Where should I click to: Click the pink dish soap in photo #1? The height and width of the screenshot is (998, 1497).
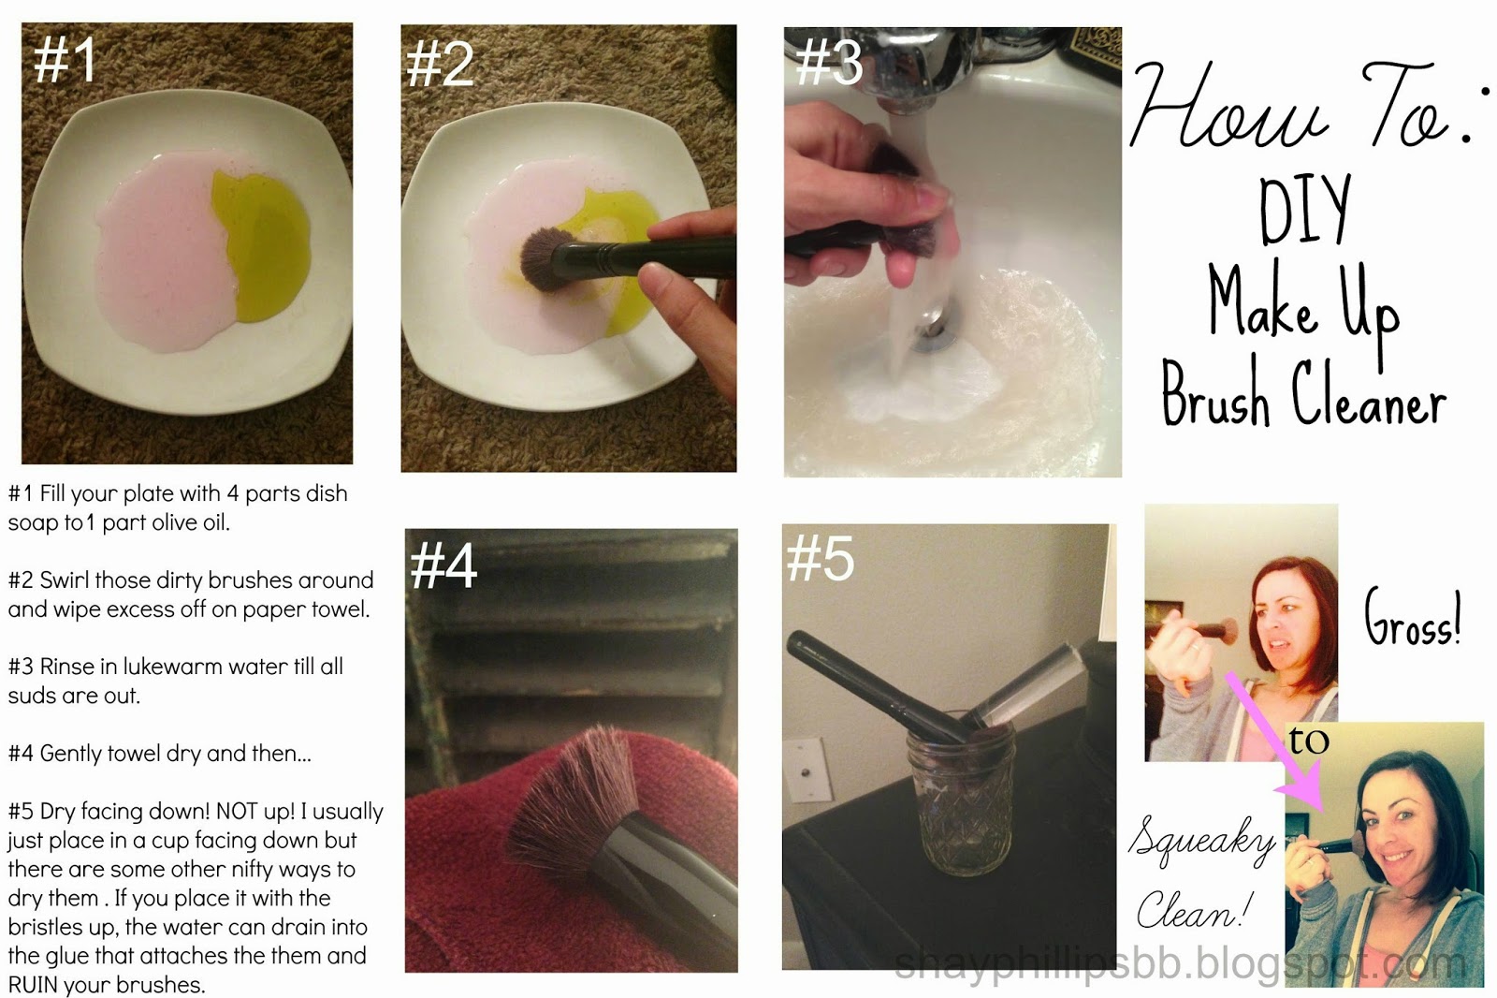click(159, 262)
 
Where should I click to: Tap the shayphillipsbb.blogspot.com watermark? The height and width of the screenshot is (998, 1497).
click(1179, 964)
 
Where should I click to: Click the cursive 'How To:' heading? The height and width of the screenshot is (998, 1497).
click(1296, 108)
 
